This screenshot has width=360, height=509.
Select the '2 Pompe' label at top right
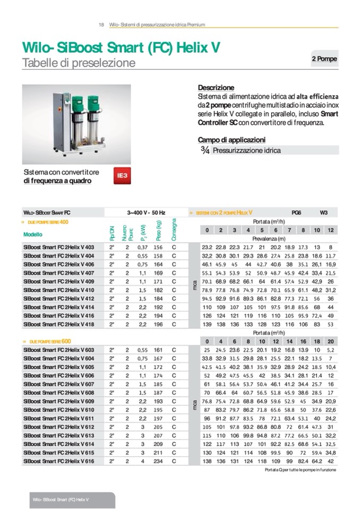click(324, 59)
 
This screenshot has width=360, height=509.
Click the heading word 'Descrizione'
click(216, 88)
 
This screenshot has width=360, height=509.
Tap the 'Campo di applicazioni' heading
click(232, 140)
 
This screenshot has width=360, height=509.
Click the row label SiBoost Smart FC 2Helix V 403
click(58, 247)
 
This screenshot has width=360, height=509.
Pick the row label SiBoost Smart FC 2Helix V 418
click(58, 324)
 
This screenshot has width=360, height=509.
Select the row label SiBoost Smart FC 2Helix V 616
click(58, 462)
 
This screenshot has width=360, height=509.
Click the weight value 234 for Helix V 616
click(158, 462)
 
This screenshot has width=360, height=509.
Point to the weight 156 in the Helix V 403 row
click(158, 247)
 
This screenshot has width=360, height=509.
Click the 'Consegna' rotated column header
click(174, 229)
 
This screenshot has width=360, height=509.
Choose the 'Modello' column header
click(33, 234)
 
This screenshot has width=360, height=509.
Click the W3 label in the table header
click(323, 212)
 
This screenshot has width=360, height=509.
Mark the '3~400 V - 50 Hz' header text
click(146, 212)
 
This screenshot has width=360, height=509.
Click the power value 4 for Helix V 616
click(142, 462)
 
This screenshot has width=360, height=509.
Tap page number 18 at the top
click(101, 25)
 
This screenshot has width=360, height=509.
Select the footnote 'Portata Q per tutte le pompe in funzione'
click(300, 470)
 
